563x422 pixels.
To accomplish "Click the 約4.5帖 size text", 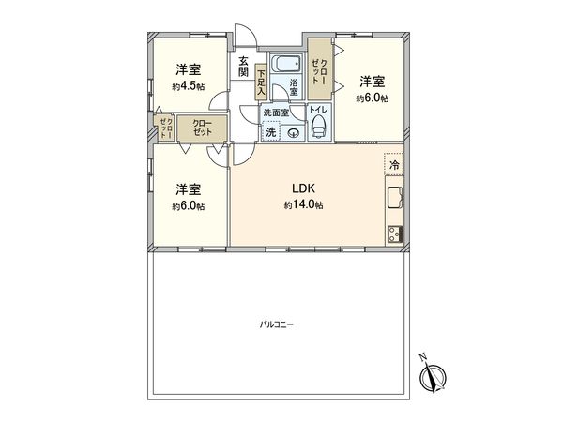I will point(188,86).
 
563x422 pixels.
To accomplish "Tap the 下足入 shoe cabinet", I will point(260,83).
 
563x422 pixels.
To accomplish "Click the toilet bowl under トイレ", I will point(318,128).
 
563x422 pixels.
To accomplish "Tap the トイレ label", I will point(318,111).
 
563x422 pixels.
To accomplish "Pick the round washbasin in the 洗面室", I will point(293,132).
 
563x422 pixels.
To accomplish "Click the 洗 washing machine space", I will point(271,132).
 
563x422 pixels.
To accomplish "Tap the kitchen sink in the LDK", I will point(393,200).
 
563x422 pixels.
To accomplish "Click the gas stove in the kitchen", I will point(393,233).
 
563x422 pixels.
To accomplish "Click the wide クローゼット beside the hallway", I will point(202,128).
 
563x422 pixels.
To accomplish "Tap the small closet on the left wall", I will point(164,128).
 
